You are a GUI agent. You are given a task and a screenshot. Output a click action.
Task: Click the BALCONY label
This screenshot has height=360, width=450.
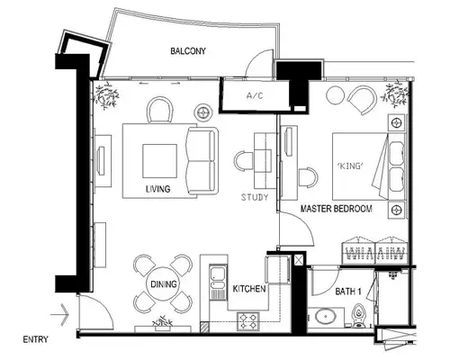pyautogui.click(x=188, y=51)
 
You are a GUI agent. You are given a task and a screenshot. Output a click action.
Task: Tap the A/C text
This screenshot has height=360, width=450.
pyautogui.click(x=255, y=95)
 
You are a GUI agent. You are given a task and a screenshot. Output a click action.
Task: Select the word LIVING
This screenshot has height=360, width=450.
pyautogui.click(x=158, y=189)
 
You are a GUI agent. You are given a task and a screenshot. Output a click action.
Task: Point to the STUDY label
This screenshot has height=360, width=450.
pyautogui.click(x=255, y=197)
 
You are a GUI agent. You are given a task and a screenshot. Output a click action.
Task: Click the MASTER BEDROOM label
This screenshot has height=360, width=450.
pyautogui.click(x=337, y=209)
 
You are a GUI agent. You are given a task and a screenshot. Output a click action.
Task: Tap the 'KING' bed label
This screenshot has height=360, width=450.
pyautogui.click(x=350, y=166)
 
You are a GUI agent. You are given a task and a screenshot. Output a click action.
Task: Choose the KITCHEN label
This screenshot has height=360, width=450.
pyautogui.click(x=249, y=289)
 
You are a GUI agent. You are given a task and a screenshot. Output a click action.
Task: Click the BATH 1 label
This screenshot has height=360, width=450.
pyautogui.click(x=348, y=292)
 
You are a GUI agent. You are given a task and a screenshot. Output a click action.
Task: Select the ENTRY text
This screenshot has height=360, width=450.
pyautogui.click(x=35, y=339)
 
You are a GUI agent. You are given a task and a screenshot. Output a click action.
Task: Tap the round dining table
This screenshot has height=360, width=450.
pyautogui.click(x=163, y=283)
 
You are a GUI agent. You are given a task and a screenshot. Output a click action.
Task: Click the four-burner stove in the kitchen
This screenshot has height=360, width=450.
pyautogui.click(x=248, y=321)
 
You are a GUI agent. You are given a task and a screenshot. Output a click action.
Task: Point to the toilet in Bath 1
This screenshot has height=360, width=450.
pyautogui.click(x=358, y=316)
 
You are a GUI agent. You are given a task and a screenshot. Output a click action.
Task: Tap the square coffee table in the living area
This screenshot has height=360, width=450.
pyautogui.click(x=159, y=161)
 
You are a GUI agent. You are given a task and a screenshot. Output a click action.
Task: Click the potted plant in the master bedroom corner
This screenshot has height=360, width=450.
pyautogui.click(x=395, y=94)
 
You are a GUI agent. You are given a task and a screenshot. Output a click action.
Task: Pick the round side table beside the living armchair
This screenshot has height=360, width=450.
pyautogui.click(x=203, y=112)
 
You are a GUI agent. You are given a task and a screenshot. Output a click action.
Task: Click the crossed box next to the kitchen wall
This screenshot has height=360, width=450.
pyautogui.click(x=299, y=260)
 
